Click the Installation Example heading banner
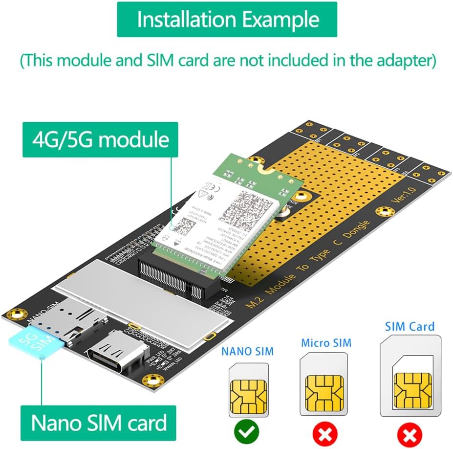coord(227,20)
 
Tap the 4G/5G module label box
coord(100,139)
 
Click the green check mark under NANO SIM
coord(248,431)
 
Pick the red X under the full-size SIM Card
coord(410,432)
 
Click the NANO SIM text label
coord(248,351)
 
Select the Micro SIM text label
coord(326,343)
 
